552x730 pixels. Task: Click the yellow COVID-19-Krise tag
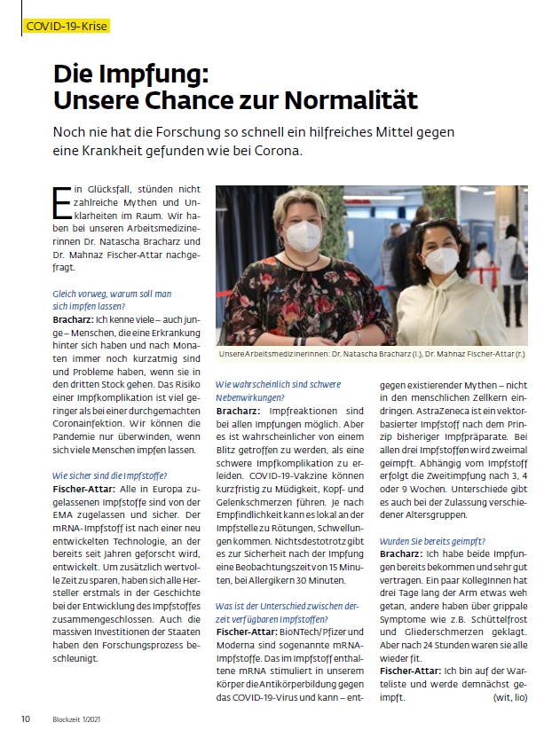(x=67, y=26)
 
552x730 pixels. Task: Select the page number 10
(x=27, y=717)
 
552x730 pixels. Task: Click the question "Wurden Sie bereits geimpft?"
(x=431, y=540)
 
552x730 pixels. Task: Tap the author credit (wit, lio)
(x=509, y=697)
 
